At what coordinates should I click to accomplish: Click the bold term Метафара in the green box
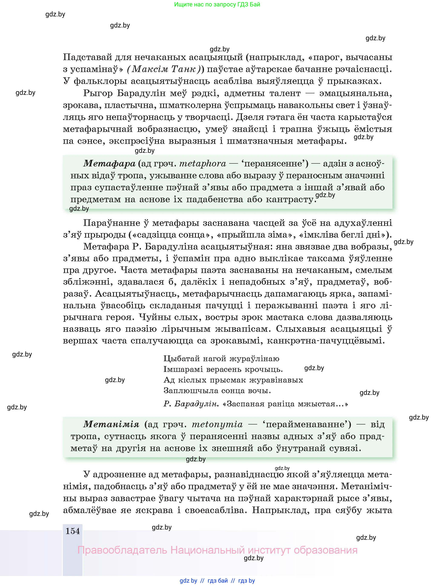pos(109,164)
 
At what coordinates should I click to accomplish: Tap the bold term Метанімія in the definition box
pos(111,424)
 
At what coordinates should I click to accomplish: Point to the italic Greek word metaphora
pos(202,164)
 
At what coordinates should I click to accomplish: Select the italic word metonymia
pos(217,424)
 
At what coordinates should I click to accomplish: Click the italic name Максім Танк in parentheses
pos(164,69)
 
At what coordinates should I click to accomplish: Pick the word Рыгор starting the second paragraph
pos(98,93)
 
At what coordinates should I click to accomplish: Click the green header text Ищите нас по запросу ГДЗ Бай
pos(217,4)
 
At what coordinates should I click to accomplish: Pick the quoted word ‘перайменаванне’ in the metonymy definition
pos(307,424)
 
